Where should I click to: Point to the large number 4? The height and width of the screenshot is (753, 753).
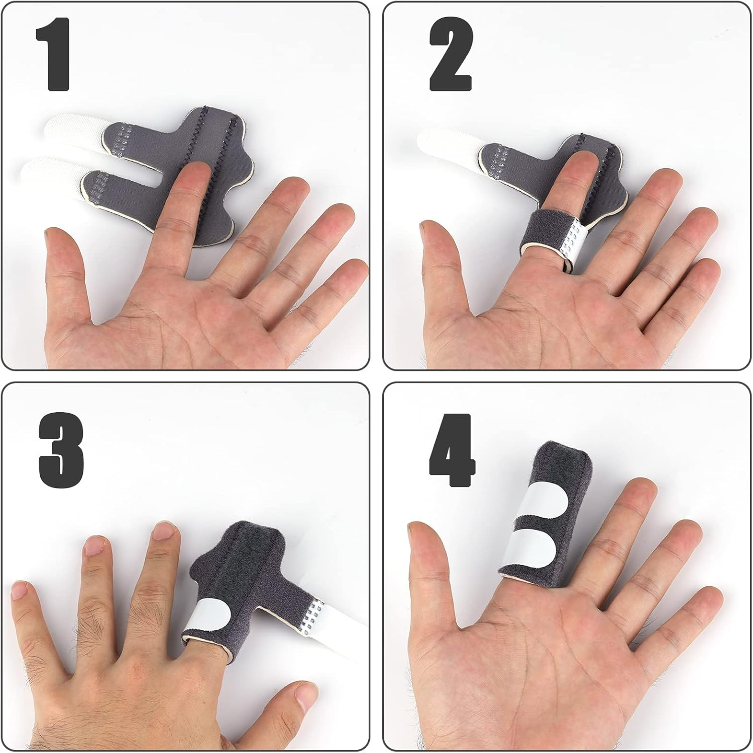pos(452,450)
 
